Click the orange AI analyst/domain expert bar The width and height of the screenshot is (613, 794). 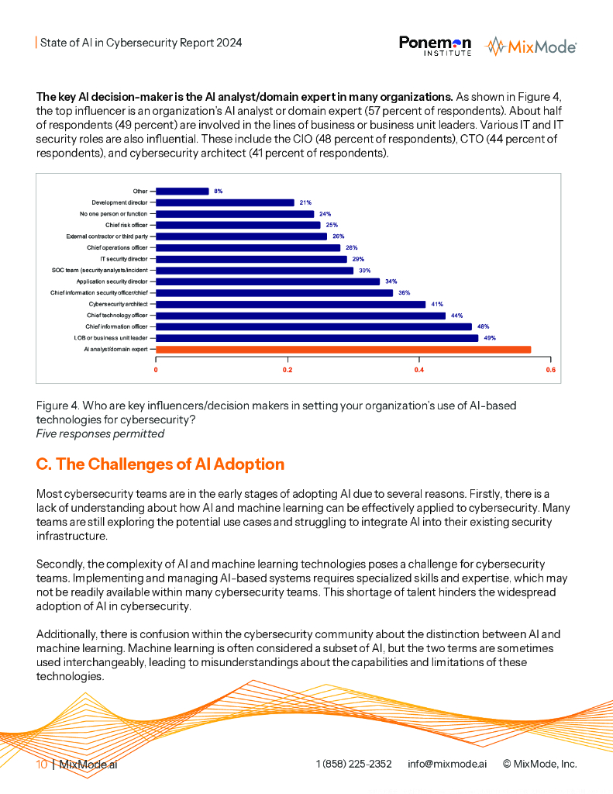tap(343, 350)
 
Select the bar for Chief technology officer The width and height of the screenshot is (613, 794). tap(301, 316)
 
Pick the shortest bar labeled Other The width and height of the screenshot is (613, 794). tap(182, 192)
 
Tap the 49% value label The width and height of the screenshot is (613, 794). tap(490, 338)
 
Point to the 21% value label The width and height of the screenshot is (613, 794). tap(305, 202)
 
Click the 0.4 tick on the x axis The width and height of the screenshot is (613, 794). tap(419, 370)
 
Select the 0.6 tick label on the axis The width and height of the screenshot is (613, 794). tap(551, 370)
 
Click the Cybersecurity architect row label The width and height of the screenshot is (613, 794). tap(119, 304)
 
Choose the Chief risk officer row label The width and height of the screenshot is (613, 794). tap(126, 226)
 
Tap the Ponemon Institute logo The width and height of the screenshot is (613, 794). tap(436, 46)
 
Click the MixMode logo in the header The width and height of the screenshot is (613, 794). tap(531, 47)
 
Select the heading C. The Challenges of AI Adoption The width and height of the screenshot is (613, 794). tap(160, 464)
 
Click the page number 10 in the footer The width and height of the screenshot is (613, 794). tap(42, 764)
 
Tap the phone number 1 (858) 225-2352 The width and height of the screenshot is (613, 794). tap(354, 764)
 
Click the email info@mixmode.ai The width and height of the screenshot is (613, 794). tap(447, 764)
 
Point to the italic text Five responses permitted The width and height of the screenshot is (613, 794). tap(100, 434)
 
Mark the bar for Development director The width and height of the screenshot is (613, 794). tap(225, 202)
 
